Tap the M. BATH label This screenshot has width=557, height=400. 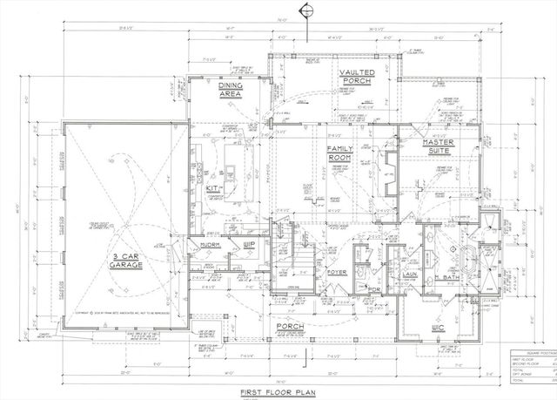(x=451, y=278)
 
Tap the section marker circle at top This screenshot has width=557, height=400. (x=305, y=10)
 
